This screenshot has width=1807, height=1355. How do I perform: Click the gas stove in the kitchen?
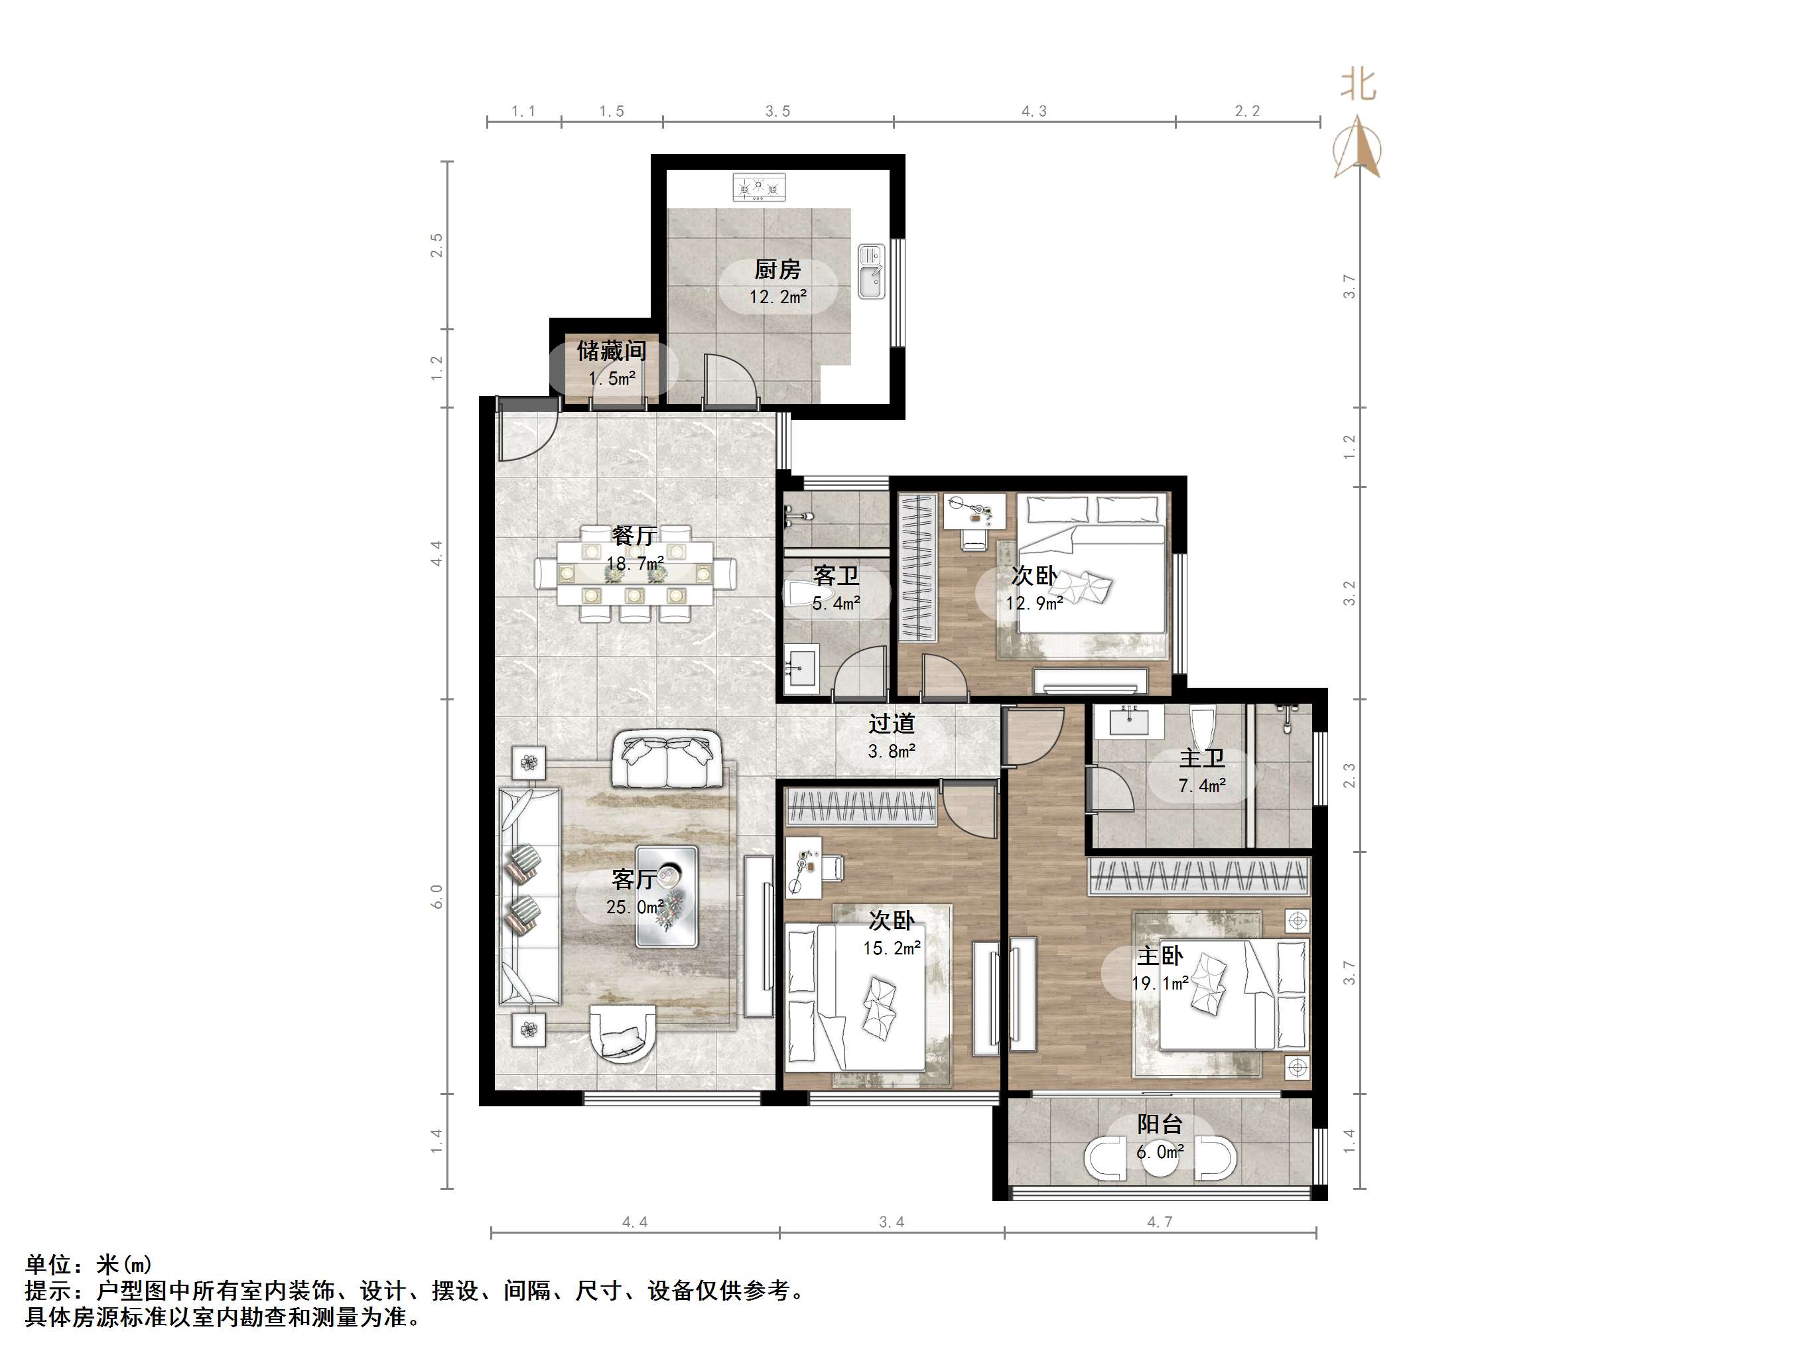coord(759,188)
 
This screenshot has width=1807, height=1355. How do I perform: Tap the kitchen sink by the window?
coord(871,271)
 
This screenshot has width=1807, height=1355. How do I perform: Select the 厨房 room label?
coord(777,269)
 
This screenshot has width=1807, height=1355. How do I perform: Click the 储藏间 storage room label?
coord(611,352)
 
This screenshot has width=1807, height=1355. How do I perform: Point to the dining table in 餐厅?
coord(634,573)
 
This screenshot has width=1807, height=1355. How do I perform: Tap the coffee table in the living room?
coord(667,896)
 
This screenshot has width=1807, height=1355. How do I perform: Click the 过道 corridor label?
coord(892,724)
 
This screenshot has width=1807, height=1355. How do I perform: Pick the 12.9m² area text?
coord(1034,604)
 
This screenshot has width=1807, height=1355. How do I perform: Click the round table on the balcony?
coord(1160,1159)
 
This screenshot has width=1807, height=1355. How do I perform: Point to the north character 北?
coord(1358,84)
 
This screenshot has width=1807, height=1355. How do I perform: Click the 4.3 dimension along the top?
coord(1034,111)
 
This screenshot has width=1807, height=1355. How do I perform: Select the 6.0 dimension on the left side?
coord(437,897)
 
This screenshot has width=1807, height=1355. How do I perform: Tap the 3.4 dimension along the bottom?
coord(892,1222)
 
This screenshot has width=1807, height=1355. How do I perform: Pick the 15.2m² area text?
coord(892,948)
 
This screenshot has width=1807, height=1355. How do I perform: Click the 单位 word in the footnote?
coord(48,1264)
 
